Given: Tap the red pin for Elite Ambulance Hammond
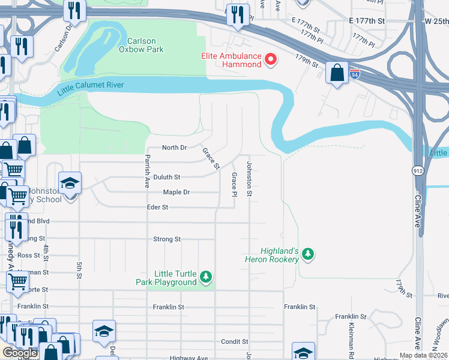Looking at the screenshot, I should tap(271, 59).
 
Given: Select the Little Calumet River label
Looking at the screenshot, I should tap(91, 88).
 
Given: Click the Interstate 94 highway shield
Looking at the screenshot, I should tap(356, 74).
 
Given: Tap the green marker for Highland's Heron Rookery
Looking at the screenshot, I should tap(308, 254).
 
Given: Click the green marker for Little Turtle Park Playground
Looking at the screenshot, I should tap(206, 277).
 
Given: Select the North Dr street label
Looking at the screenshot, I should tap(175, 148).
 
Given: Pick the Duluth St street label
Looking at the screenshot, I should tap(166, 177).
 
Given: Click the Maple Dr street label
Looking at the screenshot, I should tap(176, 192).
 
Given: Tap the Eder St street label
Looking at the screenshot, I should tap(157, 207).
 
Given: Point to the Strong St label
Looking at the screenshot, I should tap(167, 239).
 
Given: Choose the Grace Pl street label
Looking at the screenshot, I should tap(234, 184).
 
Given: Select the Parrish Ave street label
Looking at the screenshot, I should tap(146, 171).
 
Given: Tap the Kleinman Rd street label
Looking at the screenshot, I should tap(350, 336).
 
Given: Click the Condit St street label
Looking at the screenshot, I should tap(231, 342).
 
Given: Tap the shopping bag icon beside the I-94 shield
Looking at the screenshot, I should tap(337, 73).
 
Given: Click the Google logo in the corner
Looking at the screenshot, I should tap(19, 353).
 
